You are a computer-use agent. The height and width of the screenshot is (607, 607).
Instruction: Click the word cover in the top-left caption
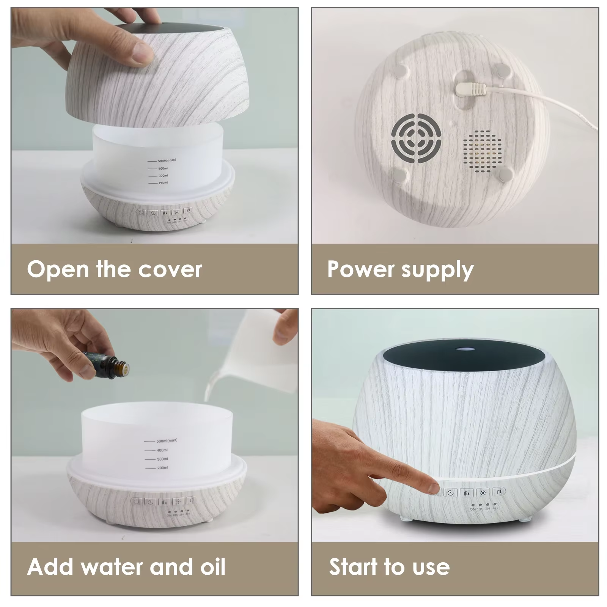tap(170, 269)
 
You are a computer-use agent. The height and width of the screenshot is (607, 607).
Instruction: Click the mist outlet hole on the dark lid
tap(464, 348)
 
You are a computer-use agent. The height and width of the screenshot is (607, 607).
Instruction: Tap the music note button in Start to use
tap(499, 492)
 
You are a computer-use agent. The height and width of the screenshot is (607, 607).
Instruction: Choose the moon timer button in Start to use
tap(450, 493)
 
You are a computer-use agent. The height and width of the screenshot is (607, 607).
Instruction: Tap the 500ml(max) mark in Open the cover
tap(167, 161)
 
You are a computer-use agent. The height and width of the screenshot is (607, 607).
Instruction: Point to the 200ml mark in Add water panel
tap(162, 468)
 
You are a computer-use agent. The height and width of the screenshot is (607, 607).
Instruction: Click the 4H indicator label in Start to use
tap(495, 508)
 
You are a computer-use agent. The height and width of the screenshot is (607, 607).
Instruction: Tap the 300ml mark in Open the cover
tap(163, 176)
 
